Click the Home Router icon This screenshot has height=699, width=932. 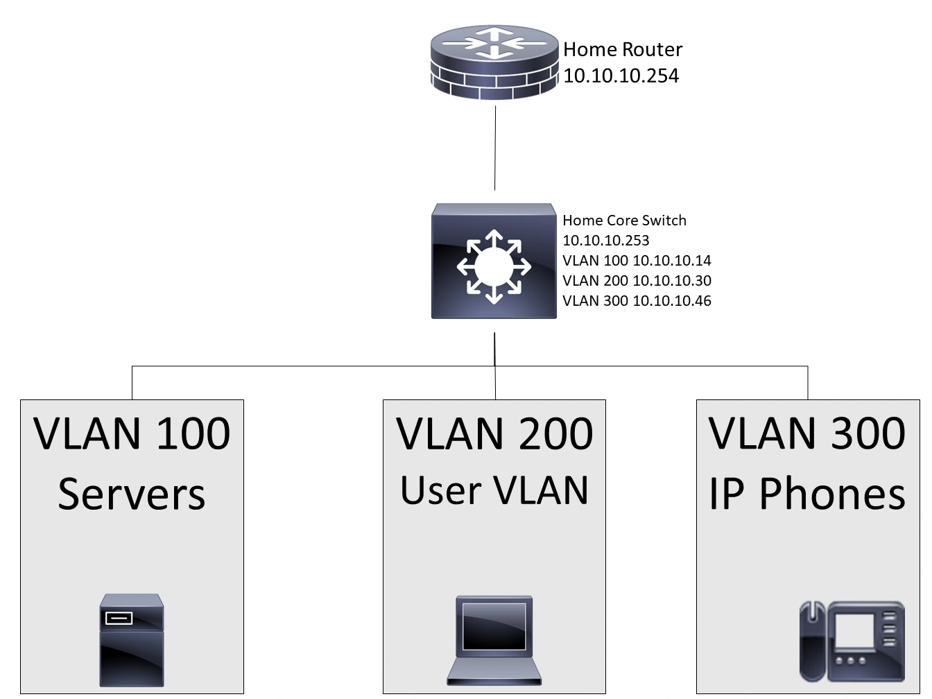(x=494, y=63)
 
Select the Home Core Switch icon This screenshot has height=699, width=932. (x=494, y=262)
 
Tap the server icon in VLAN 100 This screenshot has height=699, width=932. (x=132, y=640)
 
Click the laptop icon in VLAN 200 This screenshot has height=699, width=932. (x=494, y=640)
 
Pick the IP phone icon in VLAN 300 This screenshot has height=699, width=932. (x=852, y=641)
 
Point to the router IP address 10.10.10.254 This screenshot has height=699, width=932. (x=621, y=76)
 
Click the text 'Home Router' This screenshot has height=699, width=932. (x=622, y=49)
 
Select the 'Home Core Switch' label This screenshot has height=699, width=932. (x=624, y=221)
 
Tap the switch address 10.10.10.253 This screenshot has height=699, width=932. (x=605, y=241)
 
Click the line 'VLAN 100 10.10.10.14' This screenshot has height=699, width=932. (x=637, y=261)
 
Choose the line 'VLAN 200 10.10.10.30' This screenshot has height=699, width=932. (x=637, y=281)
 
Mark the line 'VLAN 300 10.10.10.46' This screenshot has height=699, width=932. (x=637, y=301)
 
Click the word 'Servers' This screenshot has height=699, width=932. (x=132, y=494)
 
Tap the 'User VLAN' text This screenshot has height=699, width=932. (x=494, y=490)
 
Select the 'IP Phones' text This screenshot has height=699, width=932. (x=807, y=494)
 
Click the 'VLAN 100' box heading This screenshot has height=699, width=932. (x=132, y=433)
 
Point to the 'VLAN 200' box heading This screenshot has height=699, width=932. (x=494, y=433)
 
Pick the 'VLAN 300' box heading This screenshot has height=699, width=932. (x=807, y=433)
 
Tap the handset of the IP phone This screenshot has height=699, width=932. (x=811, y=641)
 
